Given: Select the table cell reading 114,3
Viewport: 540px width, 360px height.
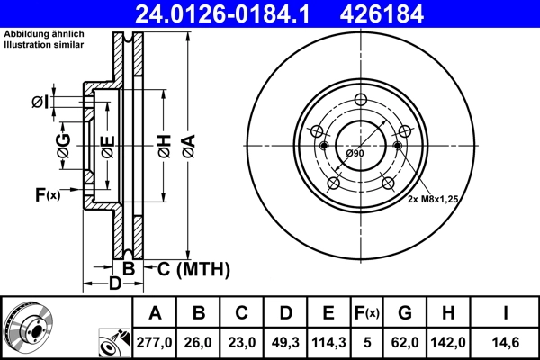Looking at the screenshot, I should coord(328,343).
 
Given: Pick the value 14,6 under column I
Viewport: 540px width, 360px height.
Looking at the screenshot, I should coord(506,343).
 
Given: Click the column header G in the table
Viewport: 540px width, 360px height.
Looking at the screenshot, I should coord(406,314).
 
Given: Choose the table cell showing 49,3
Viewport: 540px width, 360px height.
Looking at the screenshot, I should coord(285,343).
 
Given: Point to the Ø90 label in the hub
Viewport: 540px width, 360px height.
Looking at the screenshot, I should coord(355,154).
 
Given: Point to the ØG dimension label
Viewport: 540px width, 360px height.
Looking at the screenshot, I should coord(64,148).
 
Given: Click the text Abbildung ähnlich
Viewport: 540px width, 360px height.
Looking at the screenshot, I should coord(45,33).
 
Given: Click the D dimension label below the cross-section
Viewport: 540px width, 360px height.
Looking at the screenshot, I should coord(115,284).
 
